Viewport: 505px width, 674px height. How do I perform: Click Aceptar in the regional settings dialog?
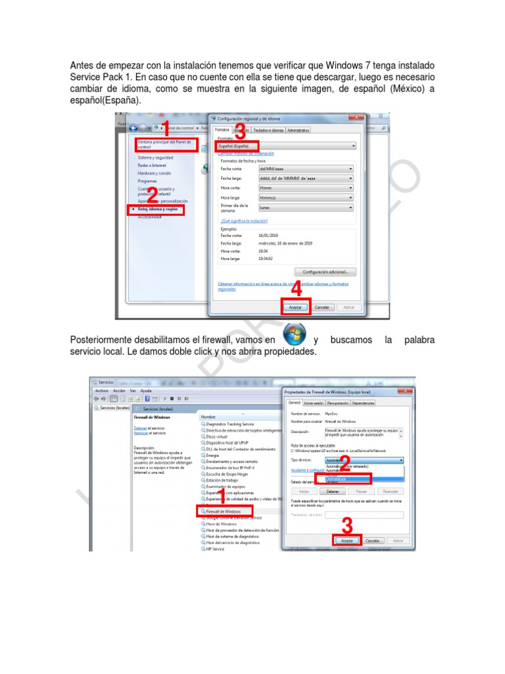click(296, 307)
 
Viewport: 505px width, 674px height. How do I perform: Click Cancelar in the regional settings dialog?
click(322, 307)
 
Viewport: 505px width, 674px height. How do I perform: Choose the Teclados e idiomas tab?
click(267, 130)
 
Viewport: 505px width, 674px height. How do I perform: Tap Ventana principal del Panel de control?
click(165, 144)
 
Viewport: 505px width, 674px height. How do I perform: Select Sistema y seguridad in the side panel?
click(156, 158)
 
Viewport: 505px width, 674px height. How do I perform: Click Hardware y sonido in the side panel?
click(155, 173)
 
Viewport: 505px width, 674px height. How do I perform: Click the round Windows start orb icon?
click(294, 334)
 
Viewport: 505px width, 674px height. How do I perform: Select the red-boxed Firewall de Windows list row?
click(224, 511)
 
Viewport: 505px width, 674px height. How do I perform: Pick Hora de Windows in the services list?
click(221, 524)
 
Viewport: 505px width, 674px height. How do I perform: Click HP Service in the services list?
click(215, 548)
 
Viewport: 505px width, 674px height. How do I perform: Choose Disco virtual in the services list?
click(217, 436)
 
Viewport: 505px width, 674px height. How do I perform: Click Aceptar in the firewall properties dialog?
click(348, 540)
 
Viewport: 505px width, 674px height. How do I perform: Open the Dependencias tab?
click(363, 403)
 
